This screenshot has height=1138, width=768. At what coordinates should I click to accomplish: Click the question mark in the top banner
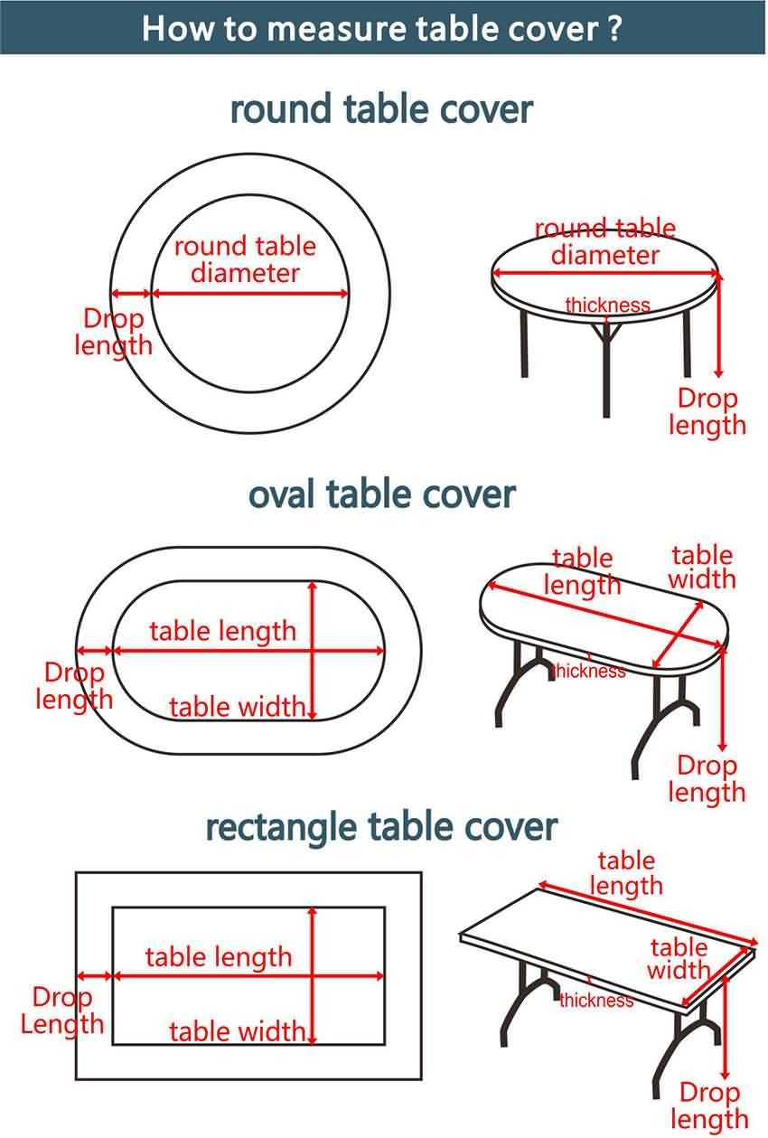[x=614, y=28]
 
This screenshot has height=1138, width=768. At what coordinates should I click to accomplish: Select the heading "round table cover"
[x=381, y=109]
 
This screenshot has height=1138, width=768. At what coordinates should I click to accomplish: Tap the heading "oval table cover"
[x=382, y=494]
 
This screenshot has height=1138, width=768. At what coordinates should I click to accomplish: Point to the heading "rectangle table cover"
[x=381, y=828]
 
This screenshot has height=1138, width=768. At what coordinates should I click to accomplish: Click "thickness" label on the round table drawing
[x=607, y=305]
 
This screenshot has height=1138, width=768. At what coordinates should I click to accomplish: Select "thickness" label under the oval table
[x=589, y=671]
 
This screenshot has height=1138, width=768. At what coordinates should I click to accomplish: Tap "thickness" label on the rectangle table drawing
[x=596, y=1000]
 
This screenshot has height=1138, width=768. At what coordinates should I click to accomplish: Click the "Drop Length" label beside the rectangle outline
[x=62, y=1011]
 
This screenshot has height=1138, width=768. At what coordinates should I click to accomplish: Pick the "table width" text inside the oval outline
[x=237, y=707]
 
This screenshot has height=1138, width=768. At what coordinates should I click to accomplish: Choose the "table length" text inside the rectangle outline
[x=219, y=957]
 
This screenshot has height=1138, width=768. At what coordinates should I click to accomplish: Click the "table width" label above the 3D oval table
[x=702, y=567]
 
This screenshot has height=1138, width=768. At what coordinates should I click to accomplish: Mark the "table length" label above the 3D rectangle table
[x=626, y=873]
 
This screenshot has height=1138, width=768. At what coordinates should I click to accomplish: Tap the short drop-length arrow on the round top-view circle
[x=131, y=293]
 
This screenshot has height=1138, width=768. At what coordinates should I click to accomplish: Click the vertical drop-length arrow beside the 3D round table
[x=718, y=325]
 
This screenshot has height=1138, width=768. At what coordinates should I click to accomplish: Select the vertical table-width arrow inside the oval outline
[x=313, y=650]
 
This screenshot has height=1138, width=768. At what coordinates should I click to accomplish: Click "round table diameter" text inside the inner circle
[x=246, y=259]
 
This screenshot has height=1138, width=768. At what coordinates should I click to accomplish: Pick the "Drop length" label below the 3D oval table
[x=707, y=779]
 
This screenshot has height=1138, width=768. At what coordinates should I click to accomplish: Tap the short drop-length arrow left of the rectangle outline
[x=94, y=976]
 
